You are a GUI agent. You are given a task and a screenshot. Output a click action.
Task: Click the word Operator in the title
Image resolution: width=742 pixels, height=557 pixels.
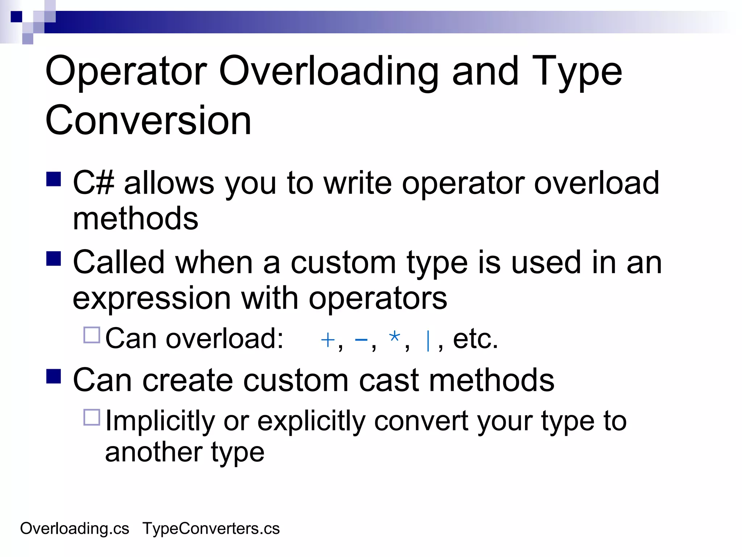pyautogui.click(x=126, y=72)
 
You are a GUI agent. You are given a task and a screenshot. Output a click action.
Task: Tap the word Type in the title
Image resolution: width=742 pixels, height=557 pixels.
pyautogui.click(x=576, y=72)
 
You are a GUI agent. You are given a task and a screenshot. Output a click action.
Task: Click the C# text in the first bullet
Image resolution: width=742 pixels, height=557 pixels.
pyautogui.click(x=93, y=183)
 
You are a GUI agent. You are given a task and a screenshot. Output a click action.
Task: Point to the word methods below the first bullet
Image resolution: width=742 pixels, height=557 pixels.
pyautogui.click(x=136, y=219)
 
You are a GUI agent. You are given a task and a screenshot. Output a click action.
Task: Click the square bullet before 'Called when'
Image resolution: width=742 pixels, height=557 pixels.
pyautogui.click(x=54, y=259)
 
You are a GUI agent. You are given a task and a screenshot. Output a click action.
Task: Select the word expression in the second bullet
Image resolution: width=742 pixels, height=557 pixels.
pyautogui.click(x=151, y=298)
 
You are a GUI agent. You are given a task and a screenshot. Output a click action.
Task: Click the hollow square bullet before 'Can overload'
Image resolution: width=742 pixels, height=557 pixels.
pyautogui.click(x=92, y=335)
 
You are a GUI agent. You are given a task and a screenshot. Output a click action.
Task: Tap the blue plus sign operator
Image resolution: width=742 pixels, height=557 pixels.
pyautogui.click(x=328, y=340)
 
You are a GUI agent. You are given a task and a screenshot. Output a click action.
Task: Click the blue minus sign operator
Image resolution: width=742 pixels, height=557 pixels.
pyautogui.click(x=361, y=340)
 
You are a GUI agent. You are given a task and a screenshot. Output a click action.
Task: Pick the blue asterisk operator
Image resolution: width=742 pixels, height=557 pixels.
pyautogui.click(x=394, y=337)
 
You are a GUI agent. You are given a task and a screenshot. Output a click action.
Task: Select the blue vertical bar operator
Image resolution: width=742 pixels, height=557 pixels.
pyautogui.click(x=428, y=341)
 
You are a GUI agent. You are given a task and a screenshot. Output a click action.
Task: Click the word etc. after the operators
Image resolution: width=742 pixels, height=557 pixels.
pyautogui.click(x=475, y=339)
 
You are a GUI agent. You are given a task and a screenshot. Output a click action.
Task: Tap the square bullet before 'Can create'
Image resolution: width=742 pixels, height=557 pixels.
pyautogui.click(x=54, y=376)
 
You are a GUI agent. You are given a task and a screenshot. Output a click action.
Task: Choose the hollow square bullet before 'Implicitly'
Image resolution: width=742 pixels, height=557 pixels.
pyautogui.click(x=92, y=417)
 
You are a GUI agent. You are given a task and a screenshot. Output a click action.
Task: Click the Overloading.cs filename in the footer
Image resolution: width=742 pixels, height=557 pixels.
pyautogui.click(x=75, y=529)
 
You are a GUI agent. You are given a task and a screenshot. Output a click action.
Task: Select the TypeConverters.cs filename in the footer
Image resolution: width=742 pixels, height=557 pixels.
pyautogui.click(x=211, y=529)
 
